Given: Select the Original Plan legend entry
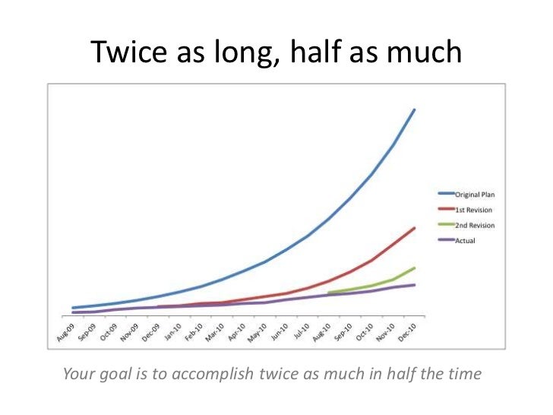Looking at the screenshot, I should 474,195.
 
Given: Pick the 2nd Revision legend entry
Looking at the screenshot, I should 474,225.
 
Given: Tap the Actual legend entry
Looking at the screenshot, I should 465,241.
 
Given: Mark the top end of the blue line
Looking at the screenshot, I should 414,109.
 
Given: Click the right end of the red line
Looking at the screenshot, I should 414,228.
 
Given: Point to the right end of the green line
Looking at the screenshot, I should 414,268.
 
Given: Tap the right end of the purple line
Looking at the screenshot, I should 414,285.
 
